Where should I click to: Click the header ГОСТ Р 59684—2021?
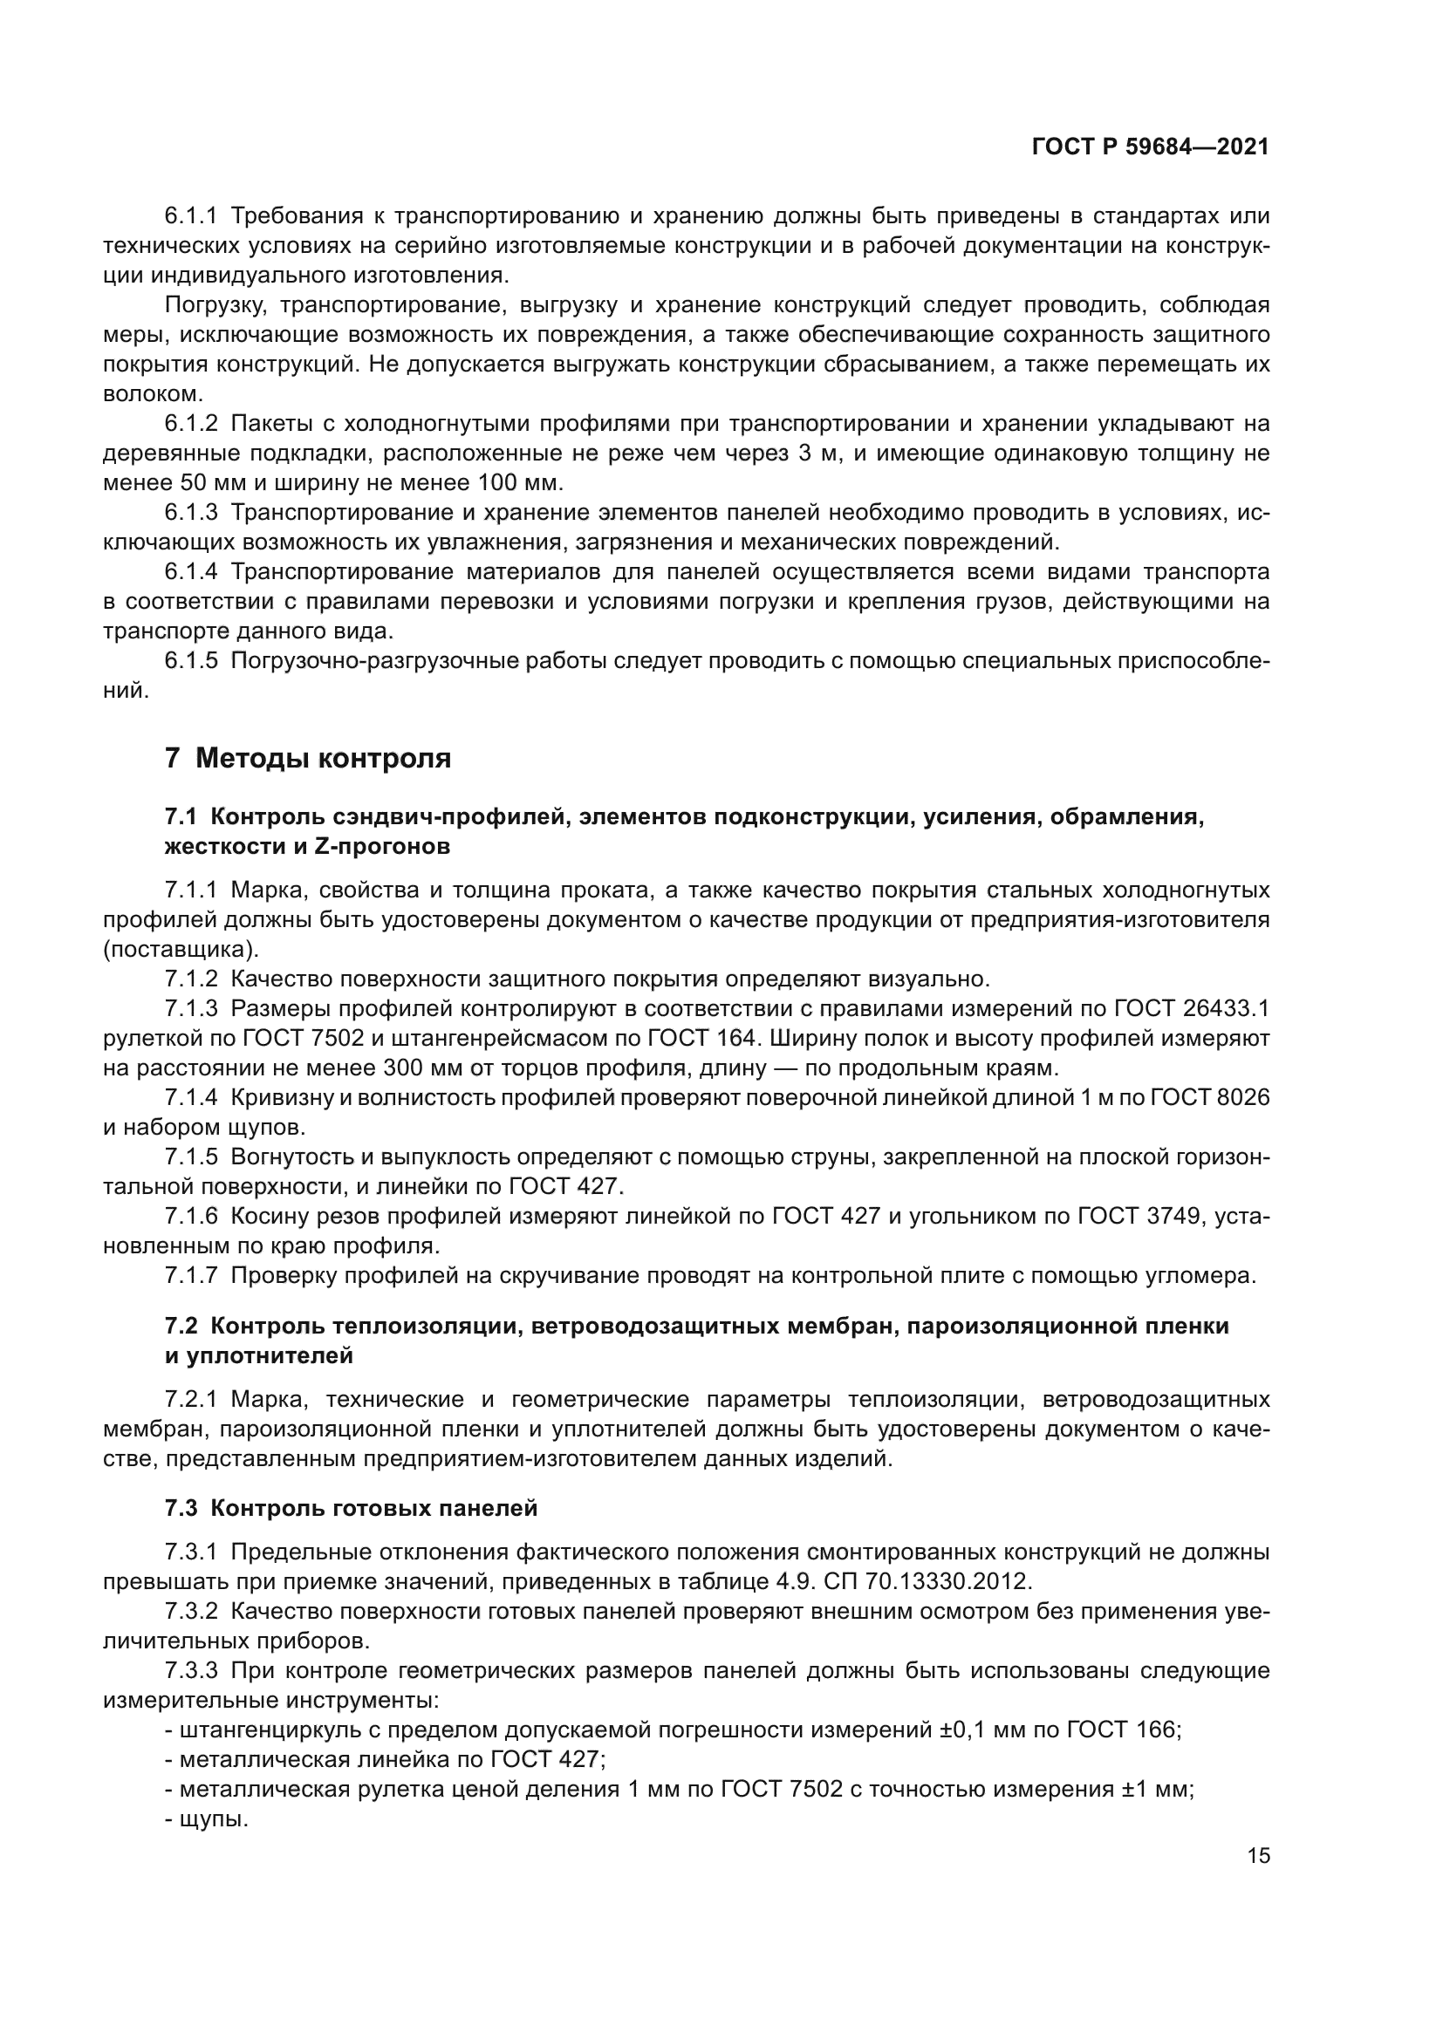[1151, 147]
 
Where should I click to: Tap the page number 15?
[1258, 1855]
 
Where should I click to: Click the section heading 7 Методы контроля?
[307, 758]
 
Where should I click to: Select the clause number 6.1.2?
[191, 424]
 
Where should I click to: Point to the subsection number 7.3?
[182, 1508]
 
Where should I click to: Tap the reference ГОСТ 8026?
[1210, 1097]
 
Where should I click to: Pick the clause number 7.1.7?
[191, 1276]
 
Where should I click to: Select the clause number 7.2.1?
[191, 1399]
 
